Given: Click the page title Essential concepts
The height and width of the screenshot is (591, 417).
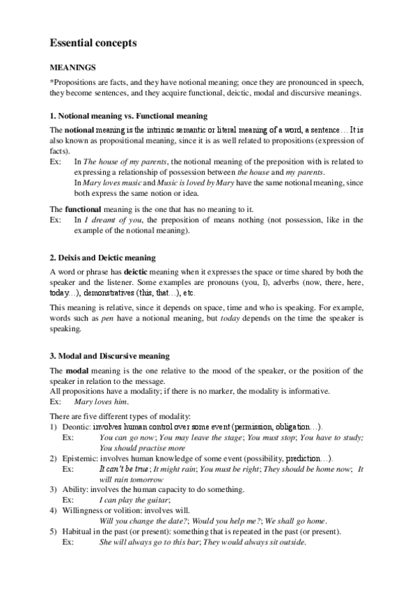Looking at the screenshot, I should pos(93,43).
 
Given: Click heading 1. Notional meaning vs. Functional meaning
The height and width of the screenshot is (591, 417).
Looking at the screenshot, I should pos(128,116).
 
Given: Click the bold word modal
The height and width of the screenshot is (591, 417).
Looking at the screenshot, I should pos(78,369).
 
